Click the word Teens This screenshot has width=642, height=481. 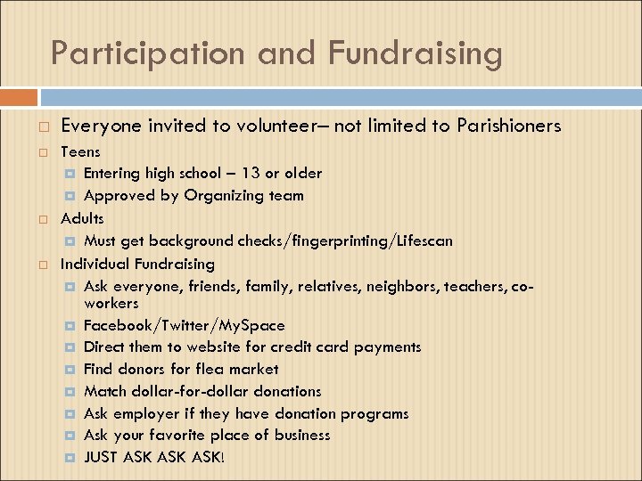pos(80,151)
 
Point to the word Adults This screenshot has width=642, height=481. pos(82,218)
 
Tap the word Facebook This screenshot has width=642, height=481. pos(118,325)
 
